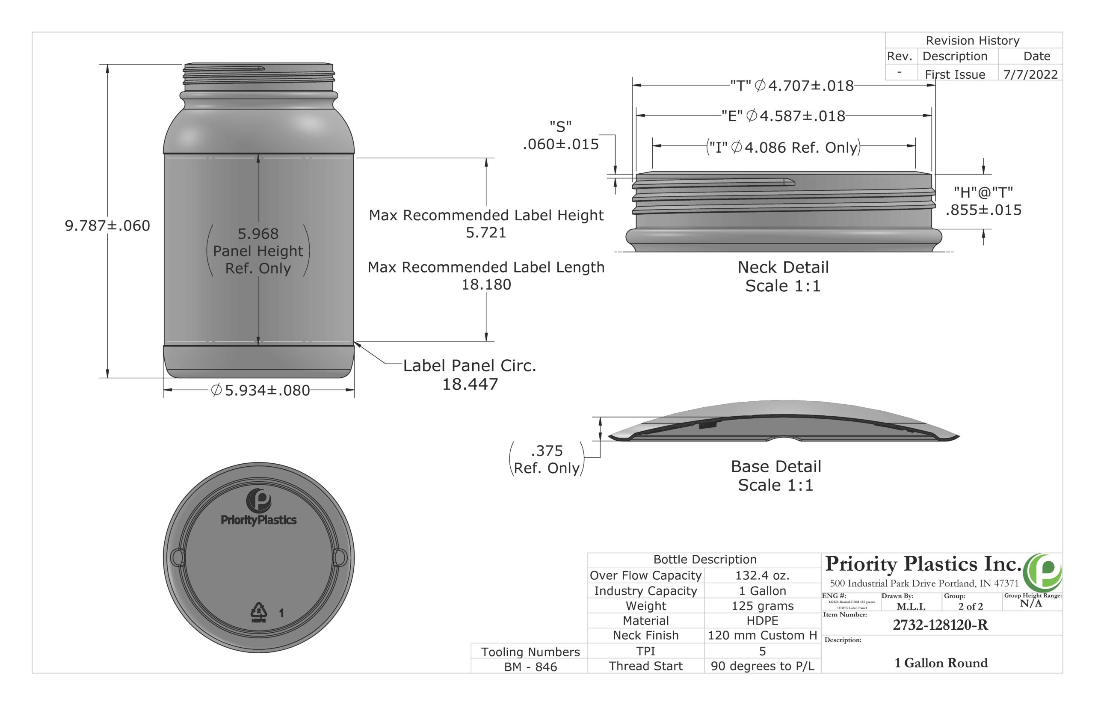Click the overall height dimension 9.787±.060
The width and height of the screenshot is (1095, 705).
tap(107, 226)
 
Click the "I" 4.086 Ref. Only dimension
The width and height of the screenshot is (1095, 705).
tap(783, 148)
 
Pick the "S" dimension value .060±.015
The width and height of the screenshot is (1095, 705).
tap(560, 144)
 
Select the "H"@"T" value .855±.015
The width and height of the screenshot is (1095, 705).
tap(983, 210)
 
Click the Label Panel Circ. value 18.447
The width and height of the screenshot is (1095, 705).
tap(470, 384)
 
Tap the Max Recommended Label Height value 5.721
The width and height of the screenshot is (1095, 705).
tap(486, 233)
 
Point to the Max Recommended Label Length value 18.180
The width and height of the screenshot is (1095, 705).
tap(486, 285)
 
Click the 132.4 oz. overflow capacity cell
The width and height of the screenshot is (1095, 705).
tap(762, 575)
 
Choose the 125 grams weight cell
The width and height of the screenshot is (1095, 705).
tap(762, 606)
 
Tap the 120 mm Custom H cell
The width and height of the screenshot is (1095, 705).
tap(762, 635)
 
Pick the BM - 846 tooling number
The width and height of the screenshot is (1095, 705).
tap(530, 667)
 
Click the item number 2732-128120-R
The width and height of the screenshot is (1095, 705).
tap(940, 625)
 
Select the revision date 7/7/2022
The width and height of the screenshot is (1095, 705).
tap(1030, 74)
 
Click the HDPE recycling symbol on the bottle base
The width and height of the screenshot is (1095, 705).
tap(258, 613)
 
